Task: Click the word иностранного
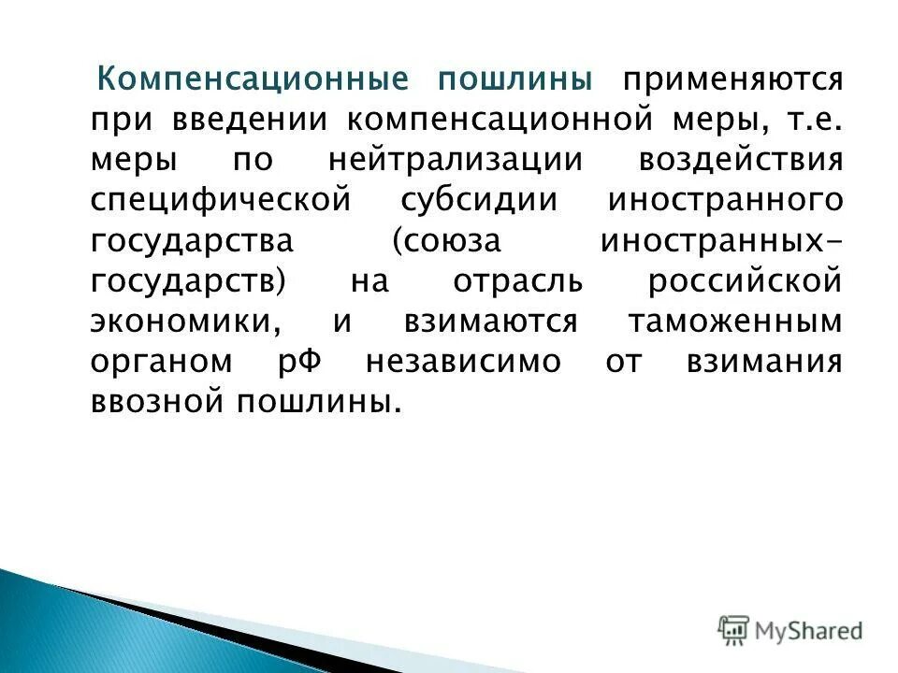tap(725, 200)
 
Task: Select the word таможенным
tap(735, 321)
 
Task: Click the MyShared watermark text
tap(809, 630)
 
